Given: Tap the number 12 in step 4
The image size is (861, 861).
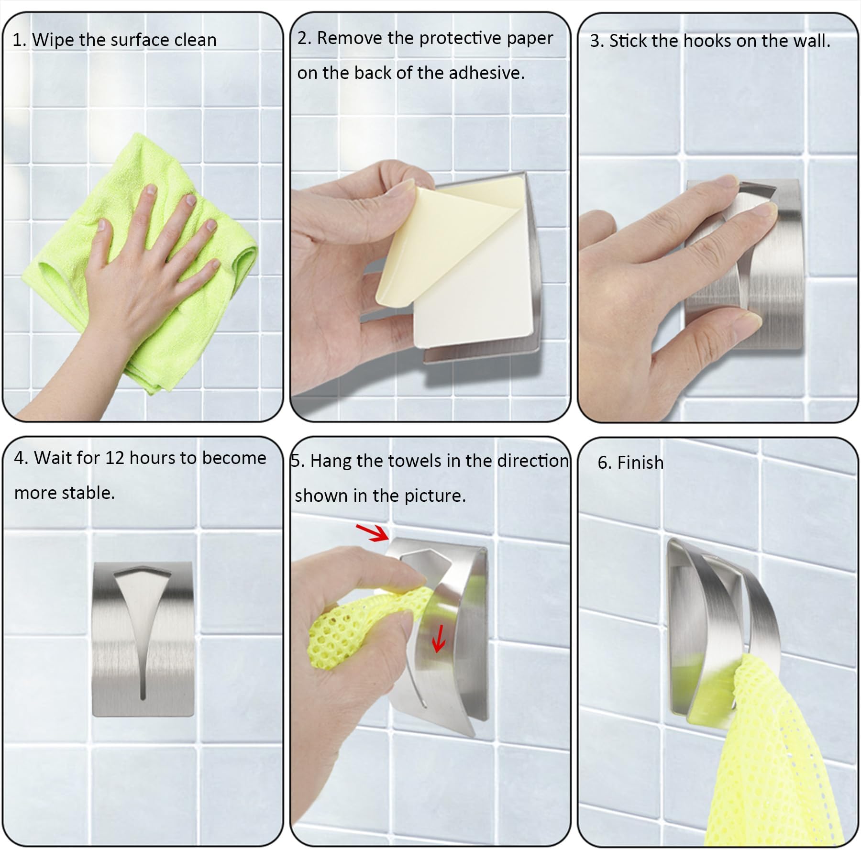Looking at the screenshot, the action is point(114,458).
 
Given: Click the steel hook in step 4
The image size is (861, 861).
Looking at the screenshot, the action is point(143,639).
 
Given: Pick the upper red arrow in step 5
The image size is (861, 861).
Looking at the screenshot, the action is point(372,533).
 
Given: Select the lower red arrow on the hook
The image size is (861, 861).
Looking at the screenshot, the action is point(438,638).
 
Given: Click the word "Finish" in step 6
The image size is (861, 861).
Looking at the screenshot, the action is point(640,463).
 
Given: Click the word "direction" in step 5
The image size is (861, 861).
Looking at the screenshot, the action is point(532,461).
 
